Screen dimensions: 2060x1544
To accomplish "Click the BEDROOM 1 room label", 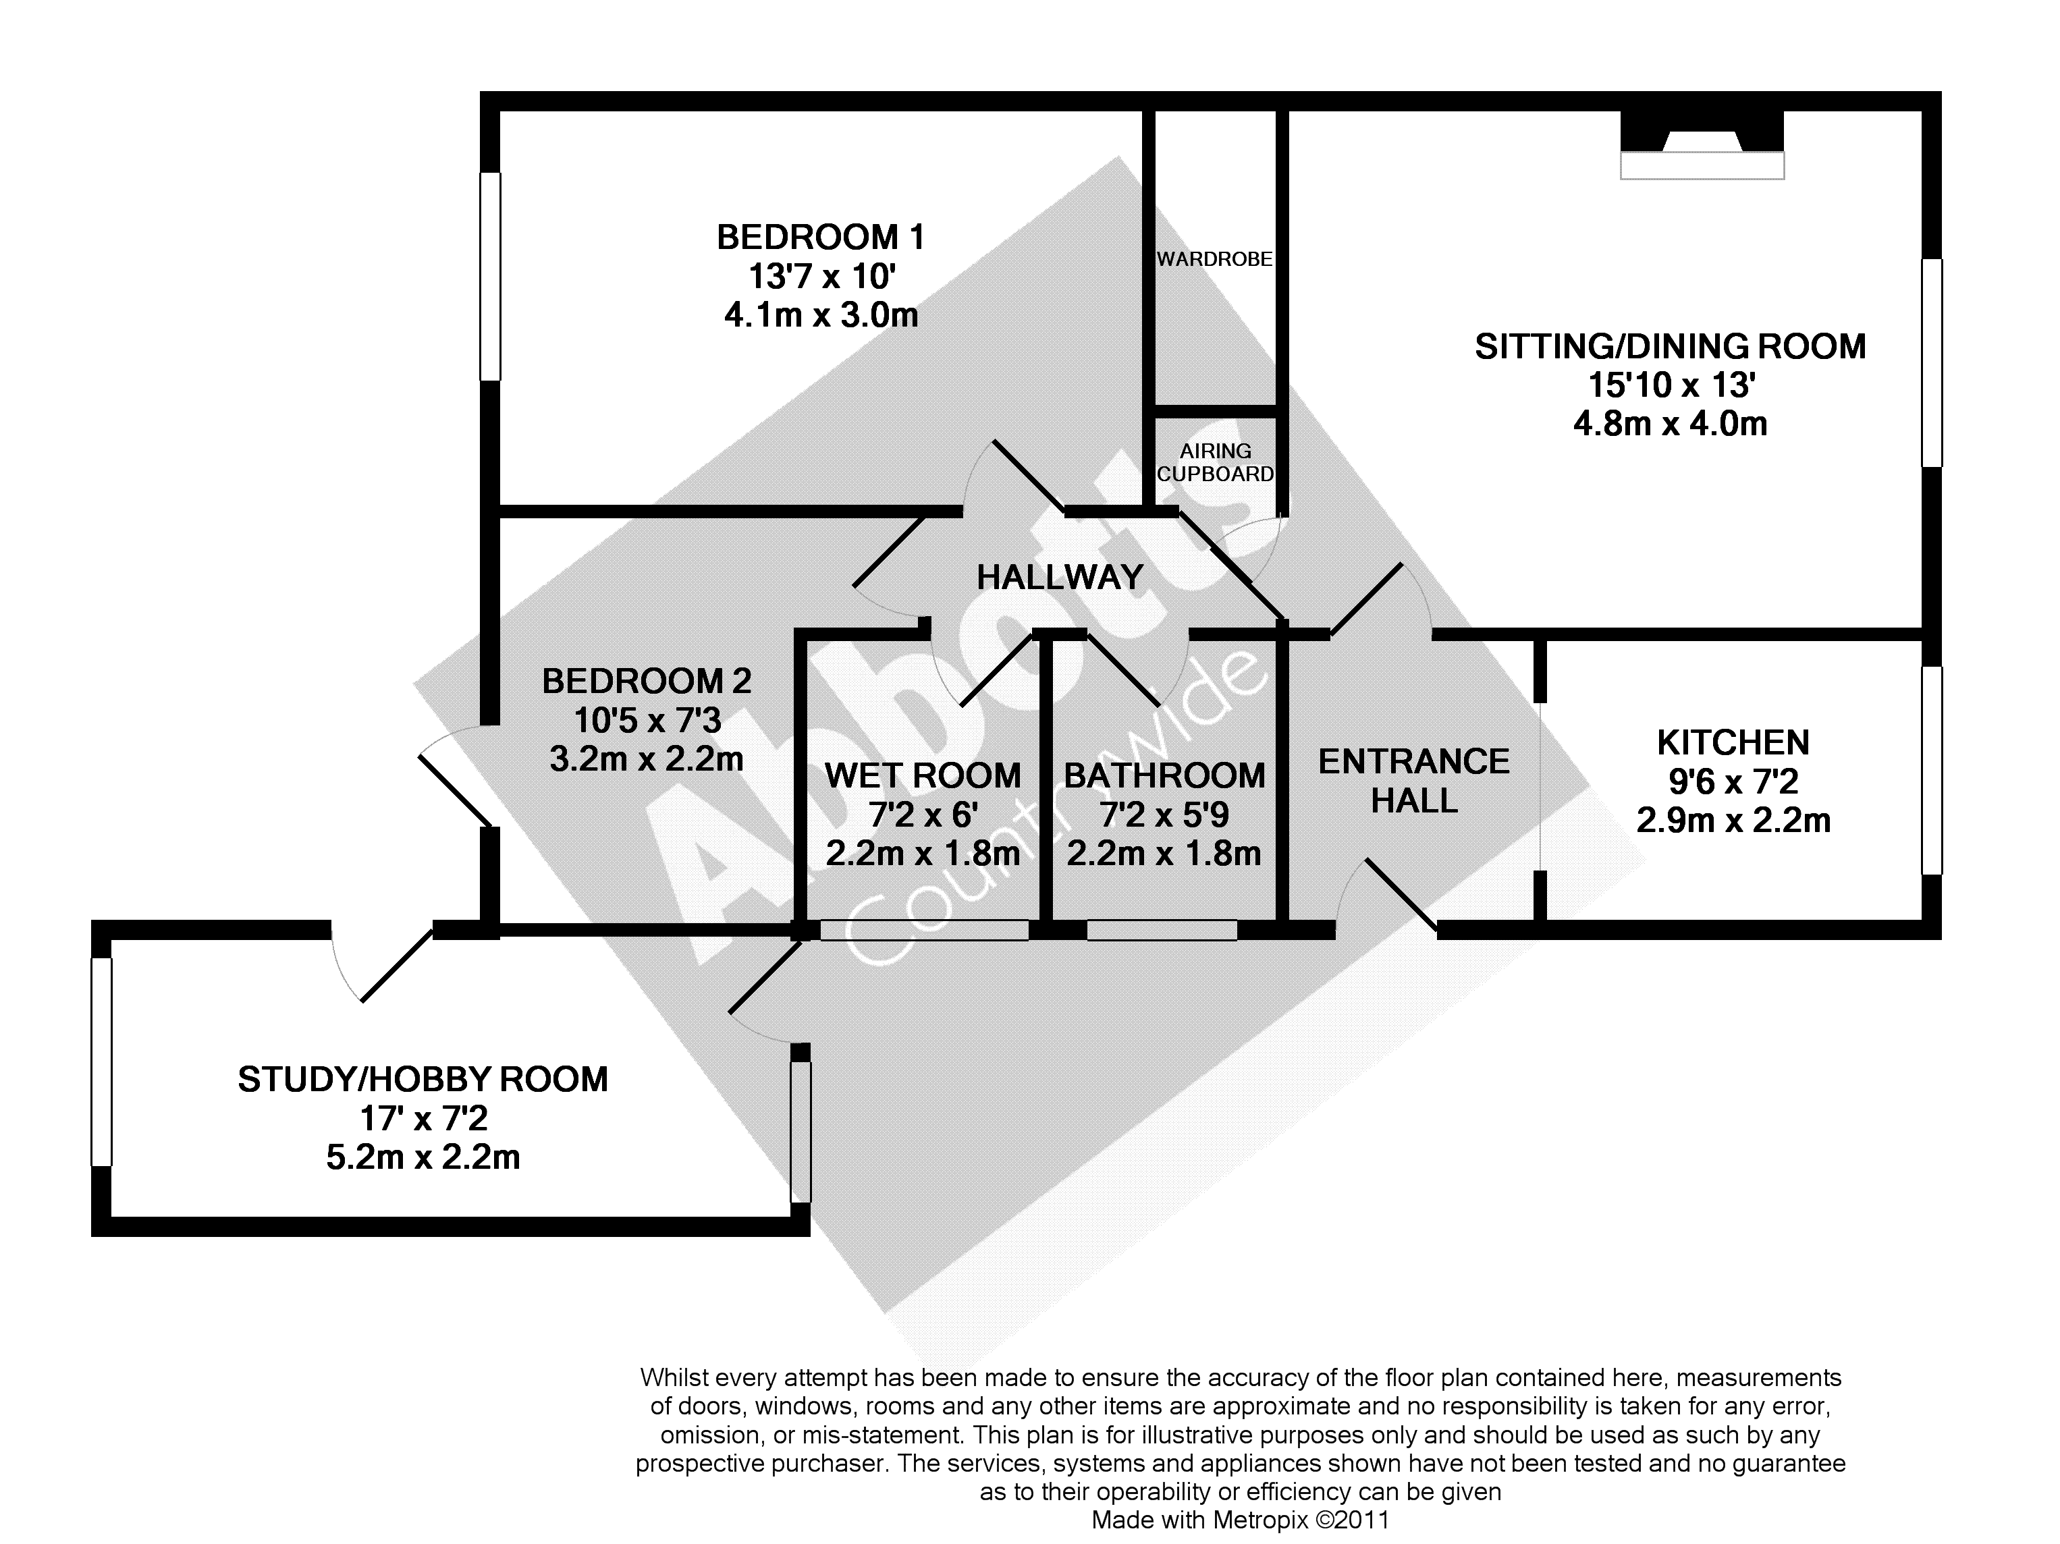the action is [x=821, y=238].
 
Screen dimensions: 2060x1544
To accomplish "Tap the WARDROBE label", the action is [x=1214, y=260].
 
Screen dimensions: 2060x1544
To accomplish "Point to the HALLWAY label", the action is [x=1060, y=578].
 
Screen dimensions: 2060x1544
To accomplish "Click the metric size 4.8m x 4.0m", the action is [x=1671, y=424].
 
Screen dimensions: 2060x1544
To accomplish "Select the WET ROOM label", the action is [x=923, y=776].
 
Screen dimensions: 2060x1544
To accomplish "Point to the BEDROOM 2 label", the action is [x=647, y=682].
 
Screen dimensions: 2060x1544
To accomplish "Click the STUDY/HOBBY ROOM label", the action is [x=423, y=1079].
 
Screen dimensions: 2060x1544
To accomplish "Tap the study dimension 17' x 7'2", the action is [x=423, y=1118].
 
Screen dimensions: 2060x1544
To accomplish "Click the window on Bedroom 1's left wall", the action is [x=490, y=277].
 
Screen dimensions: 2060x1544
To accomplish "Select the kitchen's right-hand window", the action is [x=1932, y=770].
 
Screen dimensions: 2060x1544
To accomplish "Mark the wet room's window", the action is [x=924, y=929].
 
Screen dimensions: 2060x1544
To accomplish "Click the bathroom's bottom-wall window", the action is [x=1162, y=929].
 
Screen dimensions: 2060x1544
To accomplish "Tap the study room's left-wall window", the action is [x=101, y=1061].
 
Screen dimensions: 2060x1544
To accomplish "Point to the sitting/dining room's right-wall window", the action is [x=1932, y=362].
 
